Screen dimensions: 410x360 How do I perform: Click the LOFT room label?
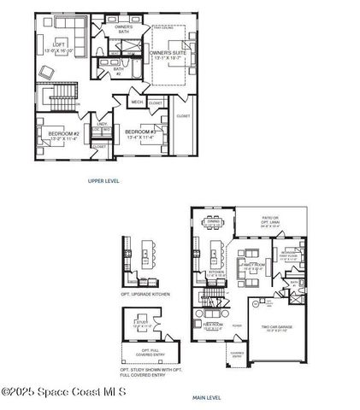(x=59, y=44)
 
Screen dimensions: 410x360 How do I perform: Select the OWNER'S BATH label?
(x=124, y=31)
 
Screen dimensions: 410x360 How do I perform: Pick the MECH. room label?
(x=136, y=102)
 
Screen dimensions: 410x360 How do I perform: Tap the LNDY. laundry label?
(x=102, y=124)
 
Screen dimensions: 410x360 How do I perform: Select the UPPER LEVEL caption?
(x=103, y=181)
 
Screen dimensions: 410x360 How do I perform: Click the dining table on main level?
(x=213, y=225)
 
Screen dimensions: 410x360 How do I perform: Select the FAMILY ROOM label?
(x=251, y=267)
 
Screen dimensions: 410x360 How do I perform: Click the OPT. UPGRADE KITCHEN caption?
(x=145, y=294)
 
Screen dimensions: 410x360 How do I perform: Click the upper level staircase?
(x=62, y=99)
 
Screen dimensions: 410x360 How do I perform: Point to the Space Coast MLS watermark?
(x=64, y=392)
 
